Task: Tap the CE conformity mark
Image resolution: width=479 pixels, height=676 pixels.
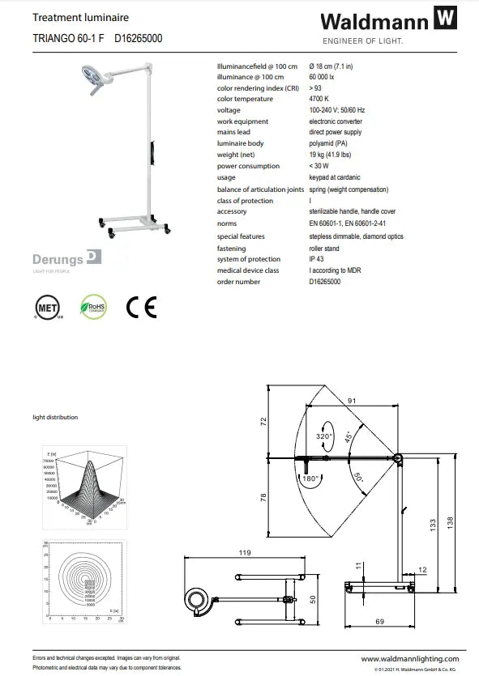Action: (141, 307)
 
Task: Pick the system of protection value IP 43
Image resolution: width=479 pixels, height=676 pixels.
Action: (317, 259)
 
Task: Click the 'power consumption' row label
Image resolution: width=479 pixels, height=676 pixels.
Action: (248, 166)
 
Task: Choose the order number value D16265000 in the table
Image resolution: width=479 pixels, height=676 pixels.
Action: (325, 282)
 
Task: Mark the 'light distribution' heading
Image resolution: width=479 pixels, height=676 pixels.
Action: (55, 417)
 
